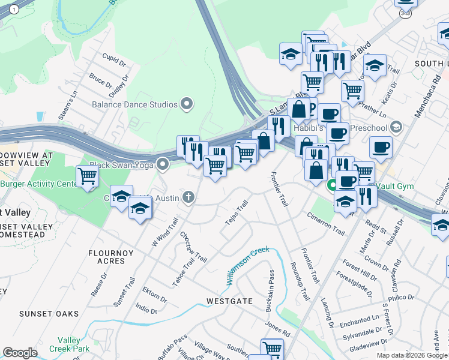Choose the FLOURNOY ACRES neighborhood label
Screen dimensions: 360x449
pyautogui.click(x=110, y=257)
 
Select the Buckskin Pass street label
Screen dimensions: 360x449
pyautogui.click(x=270, y=290)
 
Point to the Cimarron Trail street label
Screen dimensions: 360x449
pyautogui.click(x=326, y=224)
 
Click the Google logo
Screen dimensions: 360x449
pyautogui.click(x=20, y=353)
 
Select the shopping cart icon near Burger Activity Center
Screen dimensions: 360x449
pyautogui.click(x=88, y=176)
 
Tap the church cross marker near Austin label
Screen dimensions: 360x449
pyautogui.click(x=188, y=197)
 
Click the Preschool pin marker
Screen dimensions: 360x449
pyautogui.click(x=396, y=127)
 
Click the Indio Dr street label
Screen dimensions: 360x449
pyautogui.click(x=146, y=309)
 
